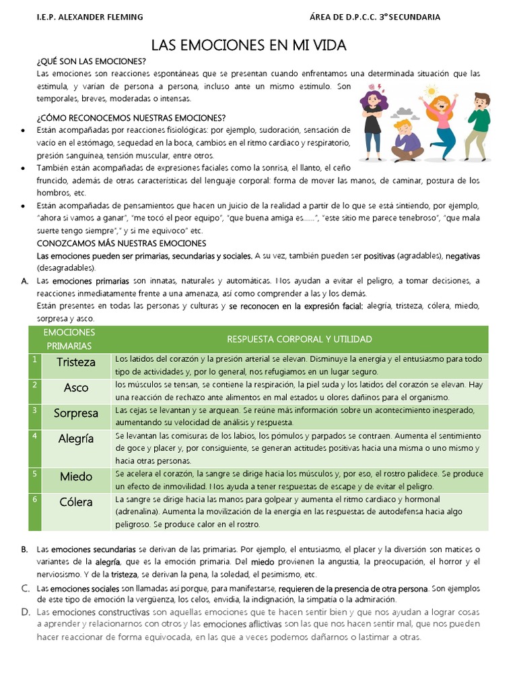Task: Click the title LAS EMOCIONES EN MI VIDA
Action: click(248, 45)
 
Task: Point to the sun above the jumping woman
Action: click(431, 90)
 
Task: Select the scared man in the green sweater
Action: click(478, 124)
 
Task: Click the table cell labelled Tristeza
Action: click(76, 362)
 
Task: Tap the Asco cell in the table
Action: click(76, 388)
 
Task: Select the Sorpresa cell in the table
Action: click(76, 413)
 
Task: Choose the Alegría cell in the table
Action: click(76, 439)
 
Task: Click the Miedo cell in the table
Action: click(76, 476)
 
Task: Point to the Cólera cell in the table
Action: click(76, 502)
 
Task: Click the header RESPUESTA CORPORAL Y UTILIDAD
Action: click(300, 338)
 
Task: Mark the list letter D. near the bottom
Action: click(26, 612)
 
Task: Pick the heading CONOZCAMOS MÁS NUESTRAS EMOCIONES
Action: click(121, 243)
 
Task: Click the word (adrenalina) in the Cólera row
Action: click(138, 511)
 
